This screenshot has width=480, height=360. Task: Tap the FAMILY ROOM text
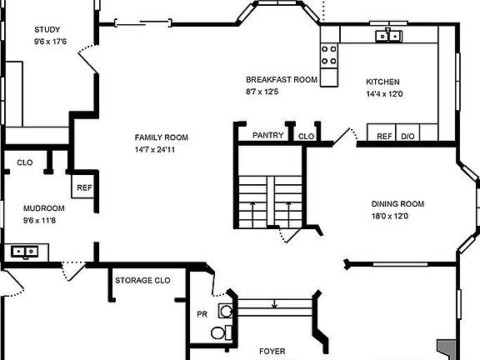coord(162,137)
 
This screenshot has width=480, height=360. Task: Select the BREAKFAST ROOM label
coord(282,80)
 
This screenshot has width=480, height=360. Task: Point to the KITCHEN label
coord(383,82)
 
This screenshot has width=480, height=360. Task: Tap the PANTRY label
coord(267,136)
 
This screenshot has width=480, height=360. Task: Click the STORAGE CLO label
coord(142,281)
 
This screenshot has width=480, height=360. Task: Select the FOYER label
coord(272,352)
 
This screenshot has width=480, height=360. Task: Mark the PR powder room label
coord(202,314)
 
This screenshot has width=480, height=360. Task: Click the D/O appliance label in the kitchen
coord(408,136)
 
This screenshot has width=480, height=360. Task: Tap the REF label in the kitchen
coord(384,136)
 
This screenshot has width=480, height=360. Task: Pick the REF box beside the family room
coord(84,188)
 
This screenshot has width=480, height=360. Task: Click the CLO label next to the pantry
coord(306,136)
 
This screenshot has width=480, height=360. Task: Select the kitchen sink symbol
coord(388,34)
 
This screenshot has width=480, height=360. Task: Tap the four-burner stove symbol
coord(329,55)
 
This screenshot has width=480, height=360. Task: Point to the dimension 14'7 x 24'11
coord(162,150)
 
